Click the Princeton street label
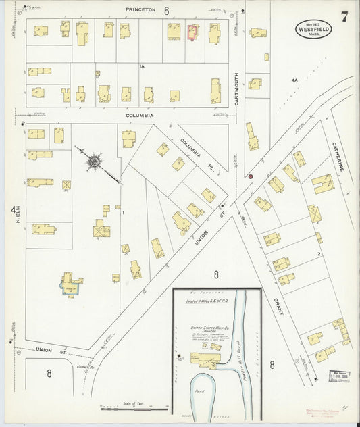(x=140, y=10)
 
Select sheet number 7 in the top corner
(x=344, y=17)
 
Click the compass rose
(x=94, y=161)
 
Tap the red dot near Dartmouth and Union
(x=251, y=176)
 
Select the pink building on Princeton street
(x=192, y=32)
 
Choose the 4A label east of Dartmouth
(x=294, y=80)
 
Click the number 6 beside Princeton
(x=165, y=10)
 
